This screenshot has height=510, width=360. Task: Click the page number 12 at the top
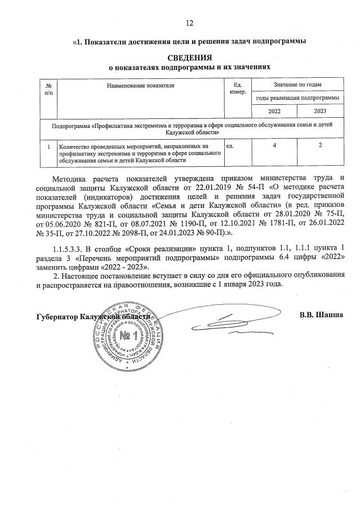189,23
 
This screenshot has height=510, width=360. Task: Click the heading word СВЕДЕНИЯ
189,57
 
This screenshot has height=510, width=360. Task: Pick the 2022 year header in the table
274,111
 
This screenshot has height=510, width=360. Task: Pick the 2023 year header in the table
320,111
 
